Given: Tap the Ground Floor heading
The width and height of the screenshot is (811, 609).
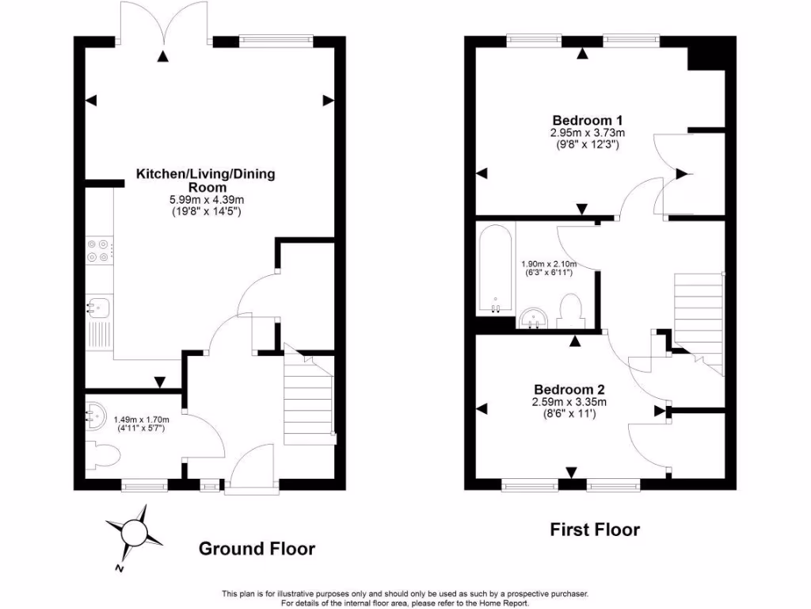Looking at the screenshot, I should point(256,549).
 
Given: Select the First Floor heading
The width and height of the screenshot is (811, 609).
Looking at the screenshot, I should point(595,530).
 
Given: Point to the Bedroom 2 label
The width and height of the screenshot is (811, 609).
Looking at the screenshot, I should point(569,389).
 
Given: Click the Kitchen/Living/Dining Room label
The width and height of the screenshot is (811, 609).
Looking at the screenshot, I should point(206,180).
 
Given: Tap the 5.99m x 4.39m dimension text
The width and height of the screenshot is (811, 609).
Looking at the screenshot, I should point(206,200).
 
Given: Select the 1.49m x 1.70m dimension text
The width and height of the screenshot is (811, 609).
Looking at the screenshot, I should point(142,420).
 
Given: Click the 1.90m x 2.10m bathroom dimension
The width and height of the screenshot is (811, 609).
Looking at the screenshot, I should point(548,264).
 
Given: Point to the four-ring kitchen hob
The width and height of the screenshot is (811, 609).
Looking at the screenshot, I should point(100,251).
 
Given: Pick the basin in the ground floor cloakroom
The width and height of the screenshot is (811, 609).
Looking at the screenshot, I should point(96,414).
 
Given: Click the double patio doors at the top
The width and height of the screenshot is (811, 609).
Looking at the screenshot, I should point(163,24).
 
